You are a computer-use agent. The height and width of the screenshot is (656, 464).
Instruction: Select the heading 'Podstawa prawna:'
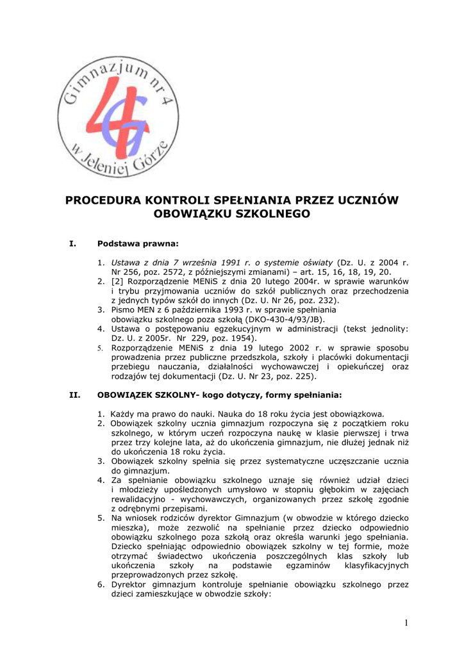[137, 243]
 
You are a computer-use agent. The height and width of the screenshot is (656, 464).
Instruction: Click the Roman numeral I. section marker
[72, 243]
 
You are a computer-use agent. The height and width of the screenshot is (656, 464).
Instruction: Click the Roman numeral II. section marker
[74, 394]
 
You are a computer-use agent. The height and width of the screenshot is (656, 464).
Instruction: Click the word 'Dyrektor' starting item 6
[131, 584]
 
